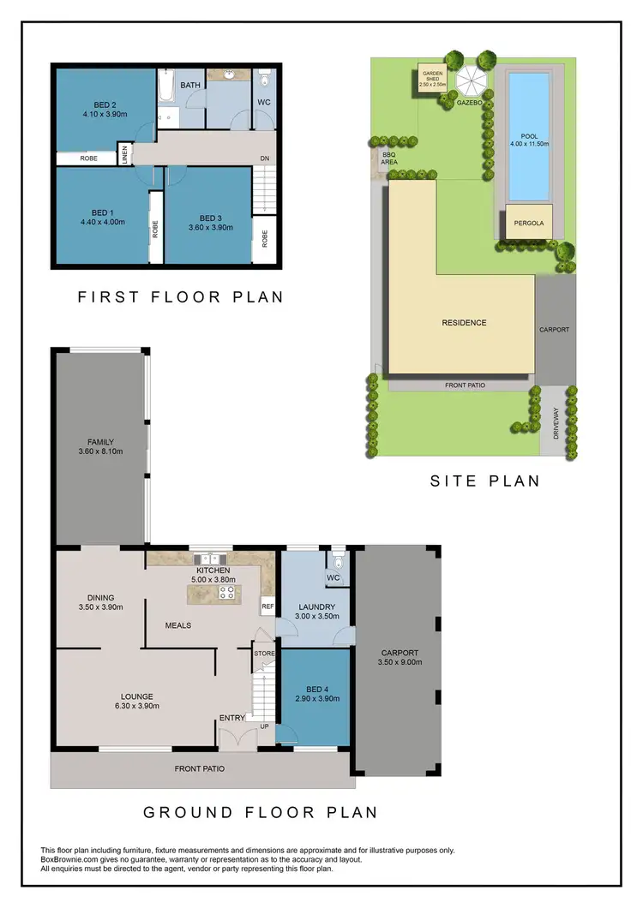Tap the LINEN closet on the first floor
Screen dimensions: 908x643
[x=125, y=155]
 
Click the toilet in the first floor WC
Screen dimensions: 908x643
[x=264, y=82]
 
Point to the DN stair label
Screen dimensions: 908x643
[x=265, y=159]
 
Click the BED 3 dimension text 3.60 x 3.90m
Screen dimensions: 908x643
[x=210, y=228]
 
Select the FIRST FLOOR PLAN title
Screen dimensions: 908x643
[x=180, y=297]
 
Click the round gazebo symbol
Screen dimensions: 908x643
[x=471, y=81]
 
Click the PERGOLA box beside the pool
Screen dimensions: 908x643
[x=529, y=223]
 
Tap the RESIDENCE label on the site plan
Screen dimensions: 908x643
[x=464, y=323]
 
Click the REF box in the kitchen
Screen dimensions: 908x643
[x=267, y=606]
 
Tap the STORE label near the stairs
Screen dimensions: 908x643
[x=264, y=654]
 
